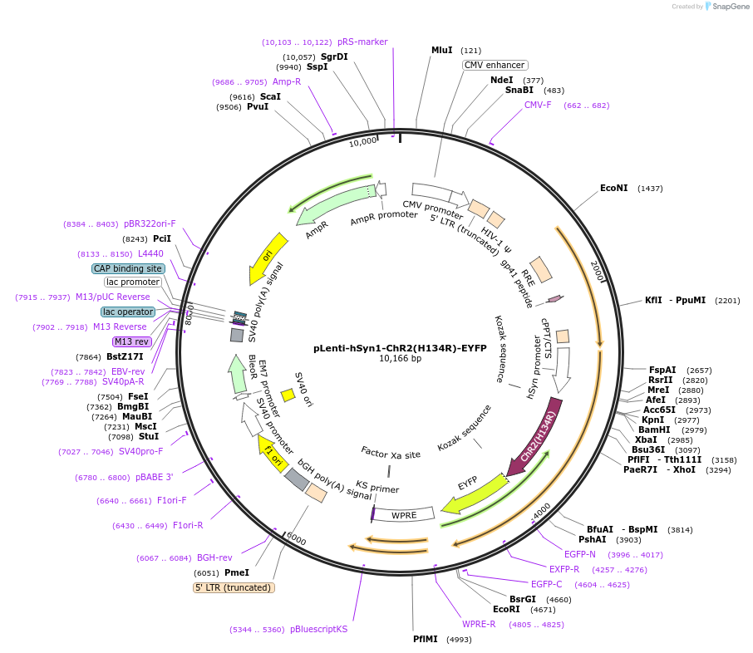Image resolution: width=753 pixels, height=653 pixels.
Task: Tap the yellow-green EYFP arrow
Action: click(x=472, y=495)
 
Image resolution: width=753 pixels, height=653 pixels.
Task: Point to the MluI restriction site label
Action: click(x=442, y=51)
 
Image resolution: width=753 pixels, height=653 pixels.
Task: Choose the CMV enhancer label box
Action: click(x=495, y=65)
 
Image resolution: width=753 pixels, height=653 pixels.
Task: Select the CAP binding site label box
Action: click(x=128, y=268)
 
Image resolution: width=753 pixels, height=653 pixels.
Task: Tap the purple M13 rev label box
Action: click(x=132, y=341)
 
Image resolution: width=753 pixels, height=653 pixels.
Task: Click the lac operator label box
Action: click(x=128, y=312)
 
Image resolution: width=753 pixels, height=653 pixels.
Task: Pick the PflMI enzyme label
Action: click(x=427, y=639)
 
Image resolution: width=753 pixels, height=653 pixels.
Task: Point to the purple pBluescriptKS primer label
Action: click(x=318, y=630)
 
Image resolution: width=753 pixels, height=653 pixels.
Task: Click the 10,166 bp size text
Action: click(x=400, y=359)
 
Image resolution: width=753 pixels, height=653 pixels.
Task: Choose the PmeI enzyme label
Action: click(x=237, y=572)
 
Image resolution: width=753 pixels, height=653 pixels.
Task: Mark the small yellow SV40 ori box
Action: click(x=288, y=395)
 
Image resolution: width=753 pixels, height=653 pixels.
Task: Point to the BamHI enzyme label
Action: click(x=654, y=430)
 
